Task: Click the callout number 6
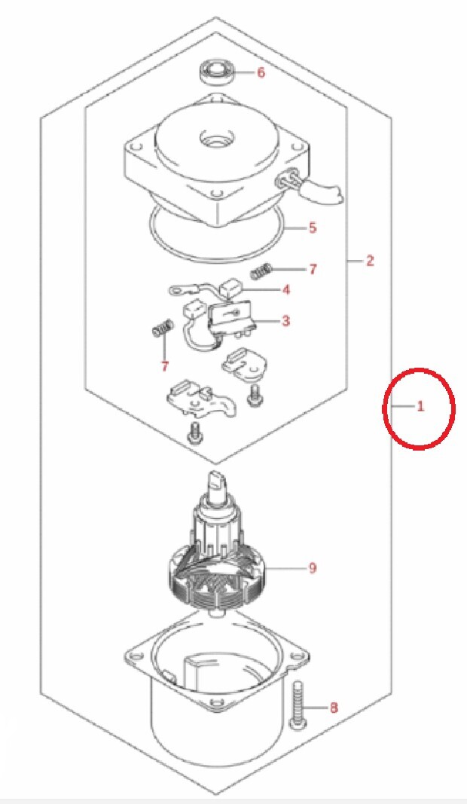(261, 72)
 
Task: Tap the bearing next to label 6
(217, 72)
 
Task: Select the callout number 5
(313, 227)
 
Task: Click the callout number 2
(370, 261)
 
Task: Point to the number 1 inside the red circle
(420, 407)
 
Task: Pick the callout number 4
(286, 289)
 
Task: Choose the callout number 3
(286, 321)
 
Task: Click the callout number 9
(313, 567)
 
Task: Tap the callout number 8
(334, 708)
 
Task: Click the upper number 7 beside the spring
(313, 269)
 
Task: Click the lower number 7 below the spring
(164, 366)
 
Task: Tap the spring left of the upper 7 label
(261, 271)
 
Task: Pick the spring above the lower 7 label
(162, 329)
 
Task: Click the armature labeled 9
(218, 541)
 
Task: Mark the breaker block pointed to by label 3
(230, 318)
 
